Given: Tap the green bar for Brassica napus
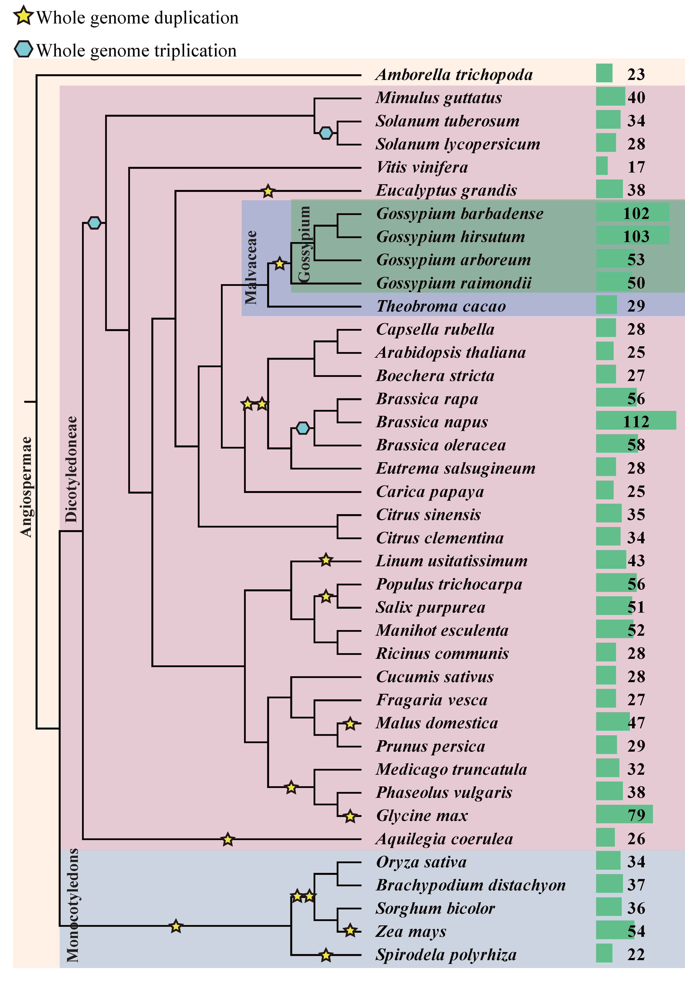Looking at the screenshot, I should pos(635,420).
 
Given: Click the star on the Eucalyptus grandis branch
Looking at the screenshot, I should pos(268,191).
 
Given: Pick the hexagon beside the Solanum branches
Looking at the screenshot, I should pos(326,133).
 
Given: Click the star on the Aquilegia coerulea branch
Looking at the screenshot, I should pos(227,840).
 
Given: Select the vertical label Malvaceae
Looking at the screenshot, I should pos(251,267).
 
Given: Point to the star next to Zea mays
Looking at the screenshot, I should pos(350,931).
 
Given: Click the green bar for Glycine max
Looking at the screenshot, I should pos(624,814).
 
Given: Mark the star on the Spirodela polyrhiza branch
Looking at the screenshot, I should pos(326,955).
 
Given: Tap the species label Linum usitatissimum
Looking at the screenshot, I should pos(451,561).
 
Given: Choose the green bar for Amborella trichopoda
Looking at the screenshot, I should pos(604,73).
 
